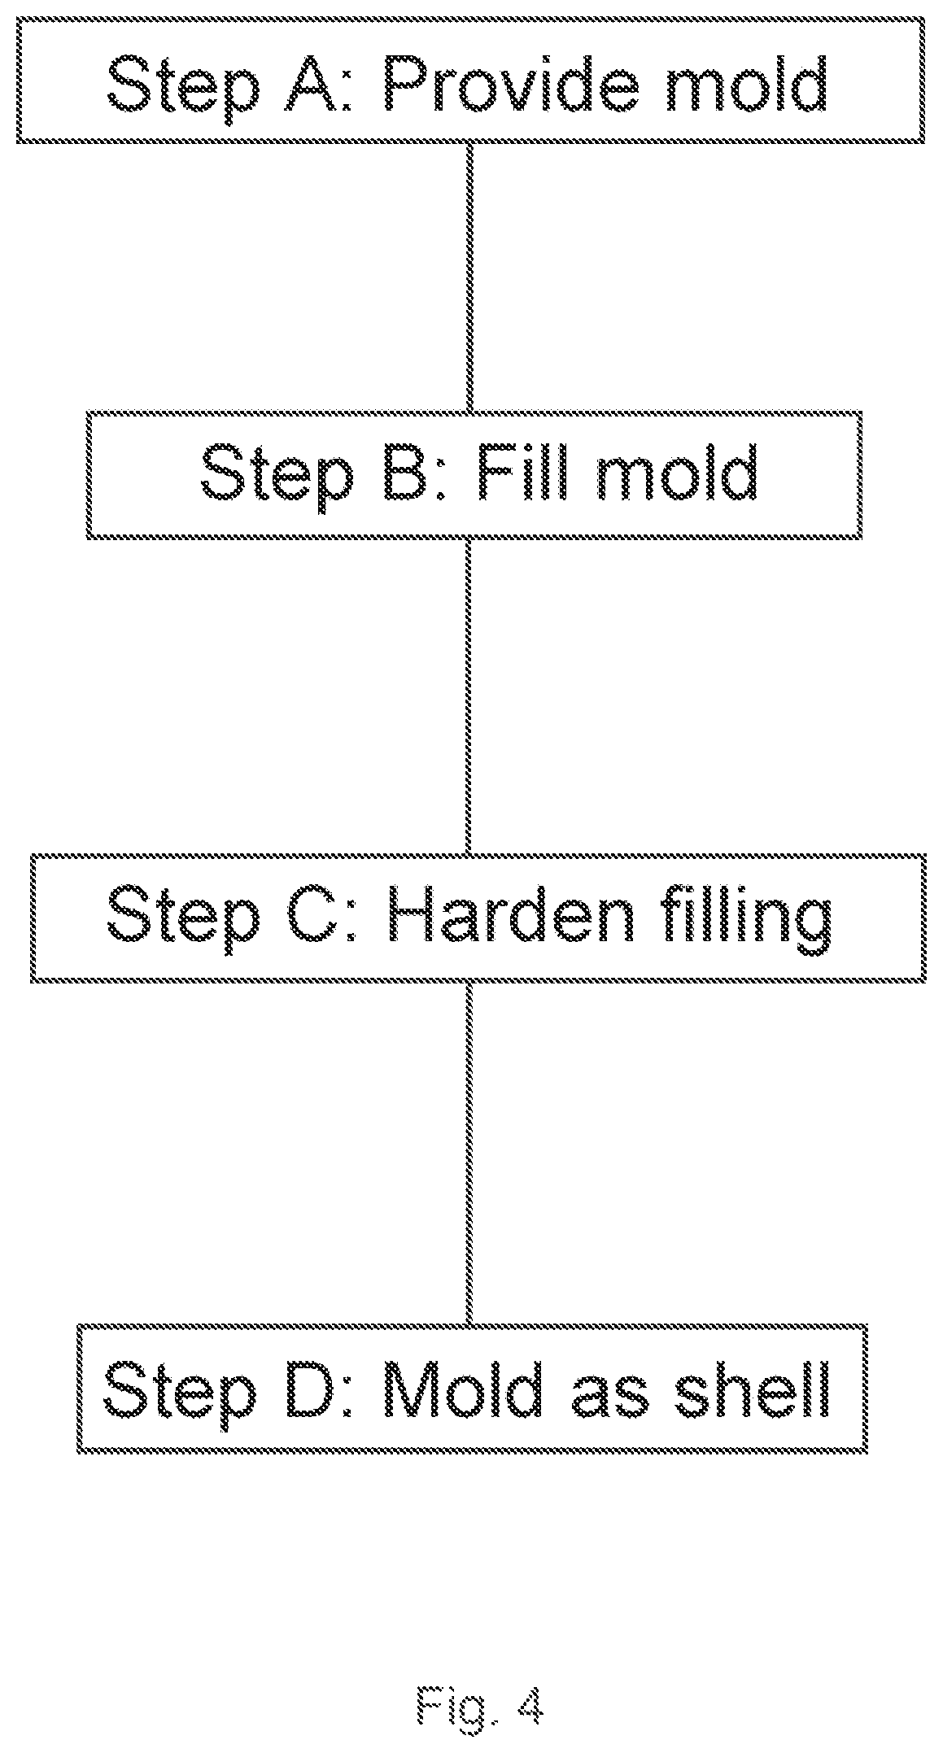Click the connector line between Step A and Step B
(469, 277)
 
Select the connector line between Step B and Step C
(469, 696)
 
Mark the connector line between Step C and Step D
(469, 1154)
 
